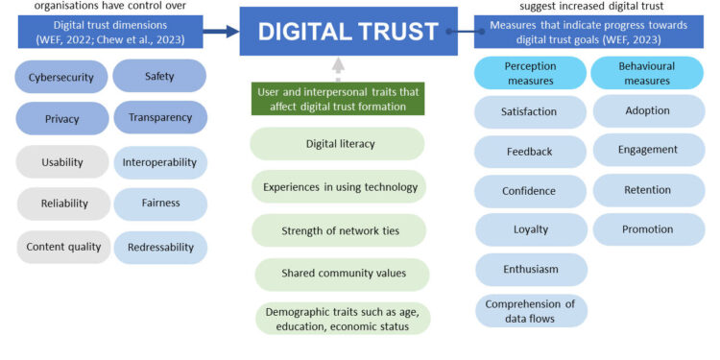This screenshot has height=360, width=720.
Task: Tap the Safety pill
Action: pyautogui.click(x=159, y=76)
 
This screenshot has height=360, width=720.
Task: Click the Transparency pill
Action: pyautogui.click(x=159, y=117)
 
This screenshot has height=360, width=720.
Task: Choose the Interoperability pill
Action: pyautogui.click(x=159, y=162)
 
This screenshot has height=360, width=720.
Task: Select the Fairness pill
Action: pyautogui.click(x=159, y=204)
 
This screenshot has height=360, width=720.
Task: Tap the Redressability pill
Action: pyautogui.click(x=159, y=247)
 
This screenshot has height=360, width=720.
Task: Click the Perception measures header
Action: pyautogui.click(x=529, y=73)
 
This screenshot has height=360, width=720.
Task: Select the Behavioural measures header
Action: pyautogui.click(x=647, y=73)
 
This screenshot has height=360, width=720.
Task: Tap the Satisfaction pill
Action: pyautogui.click(x=529, y=112)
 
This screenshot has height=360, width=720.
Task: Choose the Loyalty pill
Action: pyautogui.click(x=529, y=230)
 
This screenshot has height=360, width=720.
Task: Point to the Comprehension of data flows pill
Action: pyautogui.click(x=529, y=310)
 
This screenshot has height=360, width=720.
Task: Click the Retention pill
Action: pyautogui.click(x=647, y=190)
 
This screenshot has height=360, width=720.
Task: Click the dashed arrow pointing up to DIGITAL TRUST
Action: pyautogui.click(x=336, y=66)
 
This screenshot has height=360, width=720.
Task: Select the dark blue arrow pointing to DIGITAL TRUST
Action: pyautogui.click(x=220, y=32)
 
